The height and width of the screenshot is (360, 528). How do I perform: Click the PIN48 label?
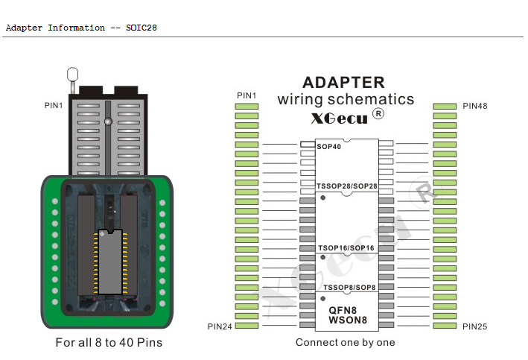coord(475,107)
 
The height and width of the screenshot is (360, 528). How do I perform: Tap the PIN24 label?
coord(220,326)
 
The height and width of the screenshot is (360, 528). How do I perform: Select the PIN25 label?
coord(475,326)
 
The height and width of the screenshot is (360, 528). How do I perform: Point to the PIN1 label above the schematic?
coord(246,95)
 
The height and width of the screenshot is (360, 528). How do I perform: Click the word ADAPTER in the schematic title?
coord(343,83)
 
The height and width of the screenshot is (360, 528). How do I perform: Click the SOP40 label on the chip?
coord(328,147)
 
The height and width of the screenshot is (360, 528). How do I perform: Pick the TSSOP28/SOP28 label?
coord(346,186)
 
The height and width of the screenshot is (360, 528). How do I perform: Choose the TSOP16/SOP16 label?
coord(346,247)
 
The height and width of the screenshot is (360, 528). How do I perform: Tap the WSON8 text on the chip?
coord(346,320)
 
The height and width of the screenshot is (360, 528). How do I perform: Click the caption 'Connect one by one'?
coord(346,343)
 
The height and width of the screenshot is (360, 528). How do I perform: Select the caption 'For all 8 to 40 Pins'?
coord(109,343)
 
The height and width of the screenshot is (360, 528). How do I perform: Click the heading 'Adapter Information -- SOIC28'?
coord(81,28)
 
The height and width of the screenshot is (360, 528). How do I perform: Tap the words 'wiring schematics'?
coord(346,99)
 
